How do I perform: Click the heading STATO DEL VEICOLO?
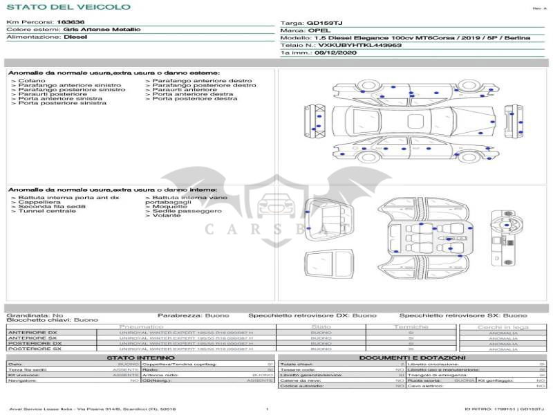coord(68,7)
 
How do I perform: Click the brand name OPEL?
coord(319,30)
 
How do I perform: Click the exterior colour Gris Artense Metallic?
coord(102,30)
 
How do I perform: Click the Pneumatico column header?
coord(141,326)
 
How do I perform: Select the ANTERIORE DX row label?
coord(32,333)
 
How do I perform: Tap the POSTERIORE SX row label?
coord(34,349)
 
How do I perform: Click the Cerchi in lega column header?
coord(503,326)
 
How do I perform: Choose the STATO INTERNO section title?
coord(136,358)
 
